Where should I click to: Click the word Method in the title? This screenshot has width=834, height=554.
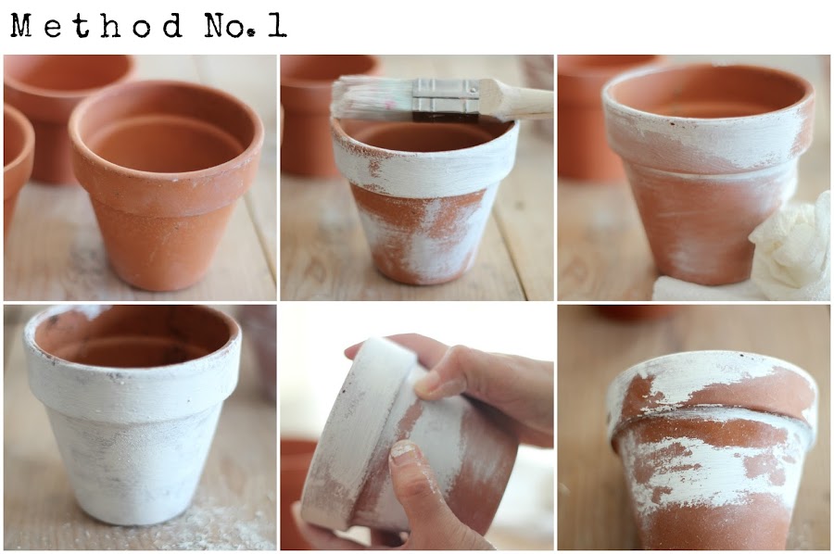tap(96, 26)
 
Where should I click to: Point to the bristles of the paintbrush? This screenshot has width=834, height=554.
tap(373, 99)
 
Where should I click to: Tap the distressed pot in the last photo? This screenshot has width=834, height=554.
tap(713, 447)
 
